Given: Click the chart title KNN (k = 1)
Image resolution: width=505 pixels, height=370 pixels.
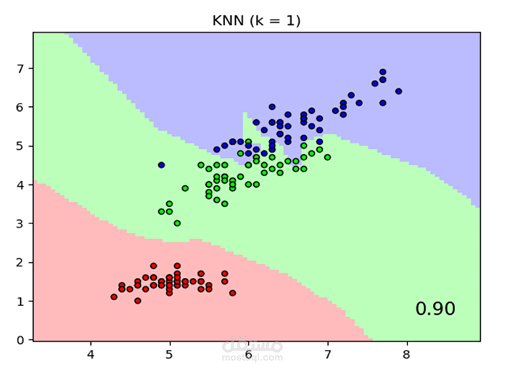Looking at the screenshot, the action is pyautogui.click(x=257, y=21).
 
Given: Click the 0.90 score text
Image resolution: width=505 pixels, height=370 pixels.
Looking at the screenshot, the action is pyautogui.click(x=435, y=309).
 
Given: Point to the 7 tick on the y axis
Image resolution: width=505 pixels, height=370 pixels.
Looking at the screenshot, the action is pyautogui.click(x=21, y=69).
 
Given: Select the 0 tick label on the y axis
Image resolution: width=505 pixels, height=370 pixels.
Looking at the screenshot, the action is pyautogui.click(x=21, y=340).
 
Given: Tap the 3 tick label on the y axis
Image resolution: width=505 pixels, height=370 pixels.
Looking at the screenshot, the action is pyautogui.click(x=21, y=223).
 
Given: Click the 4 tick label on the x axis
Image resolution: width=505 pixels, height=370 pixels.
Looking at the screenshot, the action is pyautogui.click(x=91, y=355).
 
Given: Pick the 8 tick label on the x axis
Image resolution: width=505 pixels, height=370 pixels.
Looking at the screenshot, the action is pyautogui.click(x=407, y=355).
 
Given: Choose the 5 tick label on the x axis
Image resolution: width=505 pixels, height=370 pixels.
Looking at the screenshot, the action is pyautogui.click(x=170, y=355).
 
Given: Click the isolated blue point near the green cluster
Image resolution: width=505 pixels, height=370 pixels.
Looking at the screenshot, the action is pyautogui.click(x=162, y=165).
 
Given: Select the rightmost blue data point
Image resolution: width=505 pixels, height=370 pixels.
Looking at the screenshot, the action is pyautogui.click(x=399, y=91).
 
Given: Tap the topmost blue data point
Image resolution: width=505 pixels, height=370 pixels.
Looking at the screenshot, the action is pyautogui.click(x=383, y=72).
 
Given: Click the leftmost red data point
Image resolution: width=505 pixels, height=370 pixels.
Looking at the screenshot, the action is pyautogui.click(x=114, y=297).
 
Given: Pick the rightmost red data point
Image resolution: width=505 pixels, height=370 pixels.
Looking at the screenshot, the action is pyautogui.click(x=232, y=293).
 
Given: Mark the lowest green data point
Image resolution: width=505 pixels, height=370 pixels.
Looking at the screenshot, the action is pyautogui.click(x=177, y=223).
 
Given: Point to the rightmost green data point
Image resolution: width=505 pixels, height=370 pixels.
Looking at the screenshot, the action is pyautogui.click(x=327, y=157).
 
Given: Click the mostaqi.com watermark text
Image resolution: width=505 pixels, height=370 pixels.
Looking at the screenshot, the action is pyautogui.click(x=252, y=357).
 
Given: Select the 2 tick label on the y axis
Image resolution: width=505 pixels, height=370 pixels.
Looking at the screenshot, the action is pyautogui.click(x=21, y=262).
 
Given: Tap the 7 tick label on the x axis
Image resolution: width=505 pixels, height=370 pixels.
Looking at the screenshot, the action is pyautogui.click(x=327, y=355).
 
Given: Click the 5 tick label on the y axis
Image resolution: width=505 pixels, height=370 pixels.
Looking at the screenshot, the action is pyautogui.click(x=21, y=146).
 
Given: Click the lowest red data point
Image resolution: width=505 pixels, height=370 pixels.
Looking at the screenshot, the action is pyautogui.click(x=138, y=301).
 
